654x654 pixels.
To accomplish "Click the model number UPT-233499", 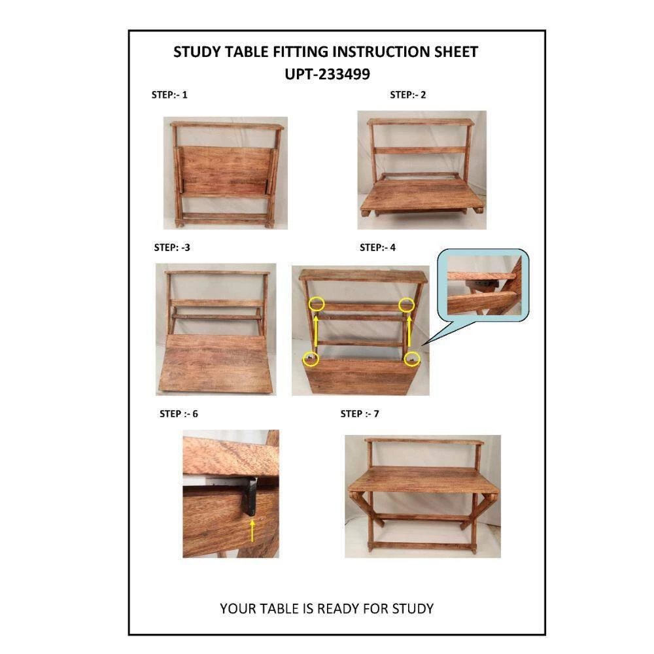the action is pos(328,75).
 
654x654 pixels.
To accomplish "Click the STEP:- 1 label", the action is pos(169,95).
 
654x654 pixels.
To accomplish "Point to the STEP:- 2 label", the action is pos(408,95).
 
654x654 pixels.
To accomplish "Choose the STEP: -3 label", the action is pos(172,248).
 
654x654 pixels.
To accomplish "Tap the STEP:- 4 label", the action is pos(377,248).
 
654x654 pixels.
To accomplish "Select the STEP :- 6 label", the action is pos(179,414).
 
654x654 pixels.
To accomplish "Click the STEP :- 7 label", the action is pos(360,414).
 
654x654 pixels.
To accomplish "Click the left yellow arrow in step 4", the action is pos(316,331).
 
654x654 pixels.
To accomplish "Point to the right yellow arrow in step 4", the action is pos(409,331).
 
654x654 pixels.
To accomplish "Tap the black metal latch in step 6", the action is pos(249,496).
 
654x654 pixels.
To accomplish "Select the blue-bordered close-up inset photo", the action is pos(483,285).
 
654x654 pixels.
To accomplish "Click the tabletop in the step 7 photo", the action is pos(422,479).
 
